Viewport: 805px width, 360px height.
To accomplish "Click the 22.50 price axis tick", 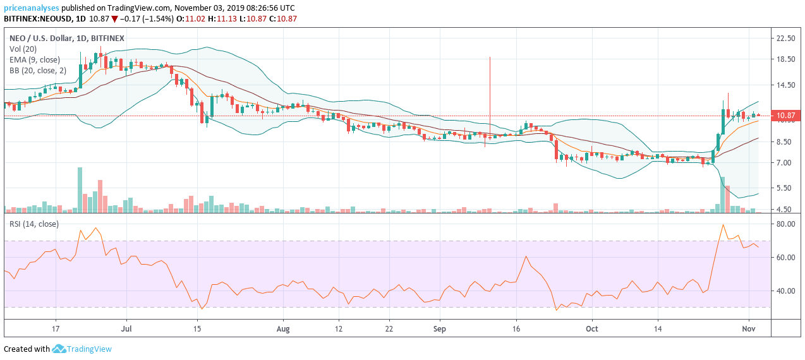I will click(785, 38).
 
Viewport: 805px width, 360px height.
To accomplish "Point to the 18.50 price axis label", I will click(785, 59).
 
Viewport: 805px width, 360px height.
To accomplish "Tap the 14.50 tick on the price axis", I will click(785, 85).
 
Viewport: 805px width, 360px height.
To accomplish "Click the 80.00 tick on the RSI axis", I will click(785, 224).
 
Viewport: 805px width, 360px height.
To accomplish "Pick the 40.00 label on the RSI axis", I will click(785, 291).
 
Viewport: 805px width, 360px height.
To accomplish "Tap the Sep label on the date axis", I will click(440, 329).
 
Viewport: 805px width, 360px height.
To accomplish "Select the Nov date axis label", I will click(748, 329).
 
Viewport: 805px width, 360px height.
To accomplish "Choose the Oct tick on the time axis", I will click(592, 329).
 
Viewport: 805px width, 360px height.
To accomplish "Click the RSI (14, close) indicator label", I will click(33, 224).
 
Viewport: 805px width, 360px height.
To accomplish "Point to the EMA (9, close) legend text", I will click(35, 60).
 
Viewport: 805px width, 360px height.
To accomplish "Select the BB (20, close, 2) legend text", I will click(37, 71).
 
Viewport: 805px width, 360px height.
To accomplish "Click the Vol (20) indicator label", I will click(23, 49).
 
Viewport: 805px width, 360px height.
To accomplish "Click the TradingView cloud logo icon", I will click(59, 349).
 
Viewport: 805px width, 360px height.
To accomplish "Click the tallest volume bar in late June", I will click(80, 189).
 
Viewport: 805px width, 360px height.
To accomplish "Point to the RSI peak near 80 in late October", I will click(722, 225).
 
